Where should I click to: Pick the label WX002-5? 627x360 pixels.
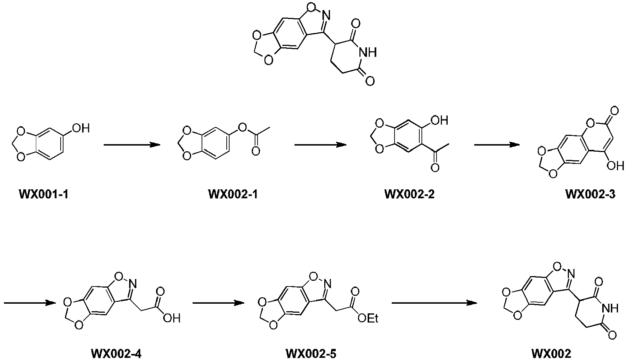click(311, 354)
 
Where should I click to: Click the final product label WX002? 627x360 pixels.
click(551, 354)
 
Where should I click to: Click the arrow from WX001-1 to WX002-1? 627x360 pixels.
click(132, 145)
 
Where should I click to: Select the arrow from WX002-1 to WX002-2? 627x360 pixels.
click(320, 145)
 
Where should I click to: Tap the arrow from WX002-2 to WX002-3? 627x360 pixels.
click(497, 145)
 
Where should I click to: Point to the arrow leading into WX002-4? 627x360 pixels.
click(30, 303)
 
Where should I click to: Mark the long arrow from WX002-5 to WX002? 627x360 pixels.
click(434, 303)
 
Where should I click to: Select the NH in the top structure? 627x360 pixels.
click(368, 53)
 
